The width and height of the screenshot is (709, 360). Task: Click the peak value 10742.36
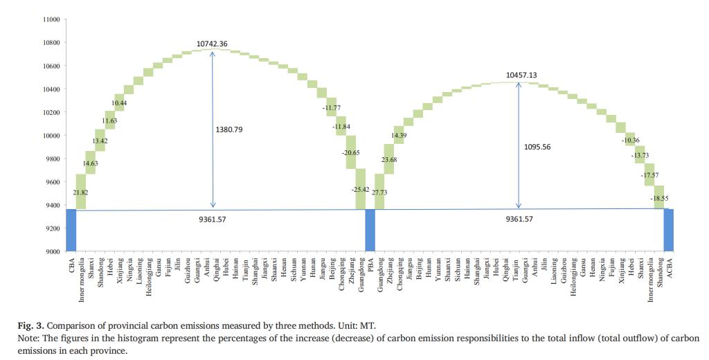tap(212, 44)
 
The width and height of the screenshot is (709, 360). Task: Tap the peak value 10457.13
tap(521, 75)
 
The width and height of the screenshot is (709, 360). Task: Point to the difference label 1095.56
tap(537, 147)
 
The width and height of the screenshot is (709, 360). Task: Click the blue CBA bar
tap(71, 230)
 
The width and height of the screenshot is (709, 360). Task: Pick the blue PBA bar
tap(370, 230)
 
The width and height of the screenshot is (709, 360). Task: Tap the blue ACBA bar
tap(668, 230)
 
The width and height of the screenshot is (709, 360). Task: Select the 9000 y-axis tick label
tap(53, 251)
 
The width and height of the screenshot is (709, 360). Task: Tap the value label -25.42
tap(361, 189)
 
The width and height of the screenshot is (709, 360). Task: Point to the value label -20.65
tap(352, 152)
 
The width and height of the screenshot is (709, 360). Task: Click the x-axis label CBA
tap(72, 264)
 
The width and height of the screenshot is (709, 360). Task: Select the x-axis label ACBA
tap(670, 266)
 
